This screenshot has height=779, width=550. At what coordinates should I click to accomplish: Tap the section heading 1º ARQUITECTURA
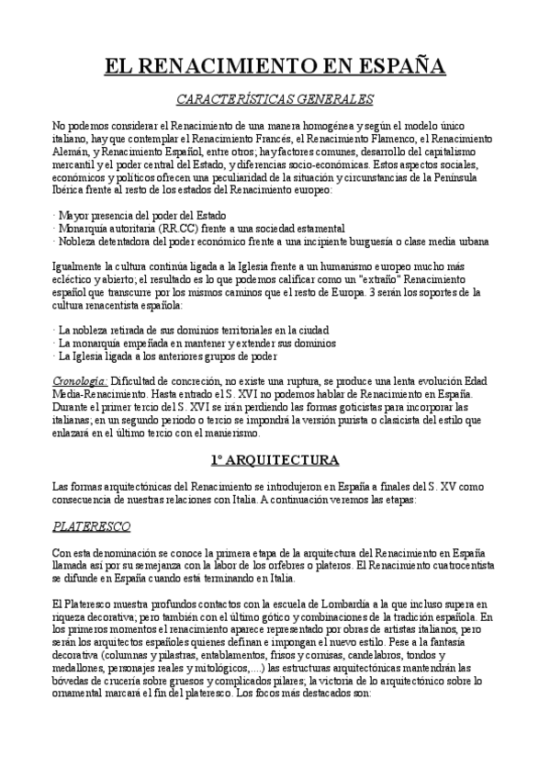tap(275, 458)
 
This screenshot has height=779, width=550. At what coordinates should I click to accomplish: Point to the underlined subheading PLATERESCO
tap(91, 526)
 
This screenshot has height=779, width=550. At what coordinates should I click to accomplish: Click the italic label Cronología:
tap(80, 380)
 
